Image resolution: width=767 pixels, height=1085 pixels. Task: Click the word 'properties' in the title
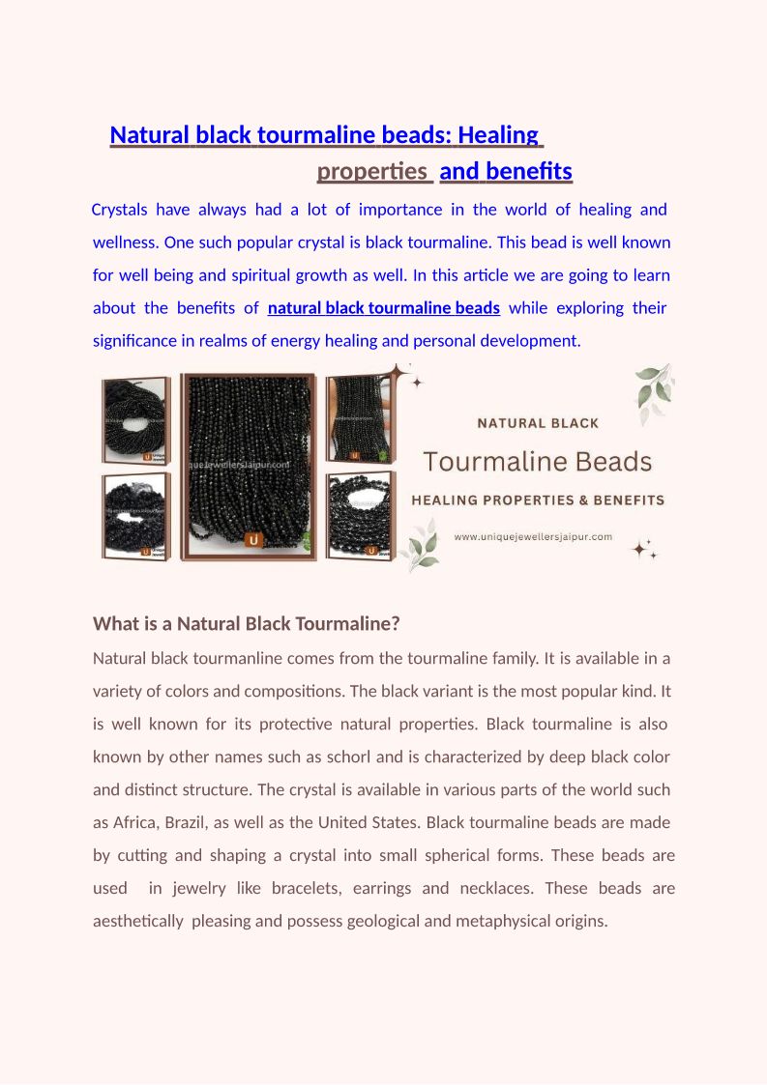point(372,172)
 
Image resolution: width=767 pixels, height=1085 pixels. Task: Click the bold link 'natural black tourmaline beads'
point(383,308)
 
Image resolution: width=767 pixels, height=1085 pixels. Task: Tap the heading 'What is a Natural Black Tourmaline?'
point(246,624)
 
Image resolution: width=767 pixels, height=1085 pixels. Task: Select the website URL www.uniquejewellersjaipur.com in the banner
point(533,536)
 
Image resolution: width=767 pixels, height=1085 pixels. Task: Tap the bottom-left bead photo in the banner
point(137,514)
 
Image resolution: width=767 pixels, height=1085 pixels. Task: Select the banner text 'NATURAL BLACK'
point(538,423)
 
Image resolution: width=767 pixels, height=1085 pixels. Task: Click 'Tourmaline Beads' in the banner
point(538,462)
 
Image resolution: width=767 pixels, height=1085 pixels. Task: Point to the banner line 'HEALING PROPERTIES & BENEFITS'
point(538,500)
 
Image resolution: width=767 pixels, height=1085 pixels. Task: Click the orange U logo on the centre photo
point(253,540)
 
